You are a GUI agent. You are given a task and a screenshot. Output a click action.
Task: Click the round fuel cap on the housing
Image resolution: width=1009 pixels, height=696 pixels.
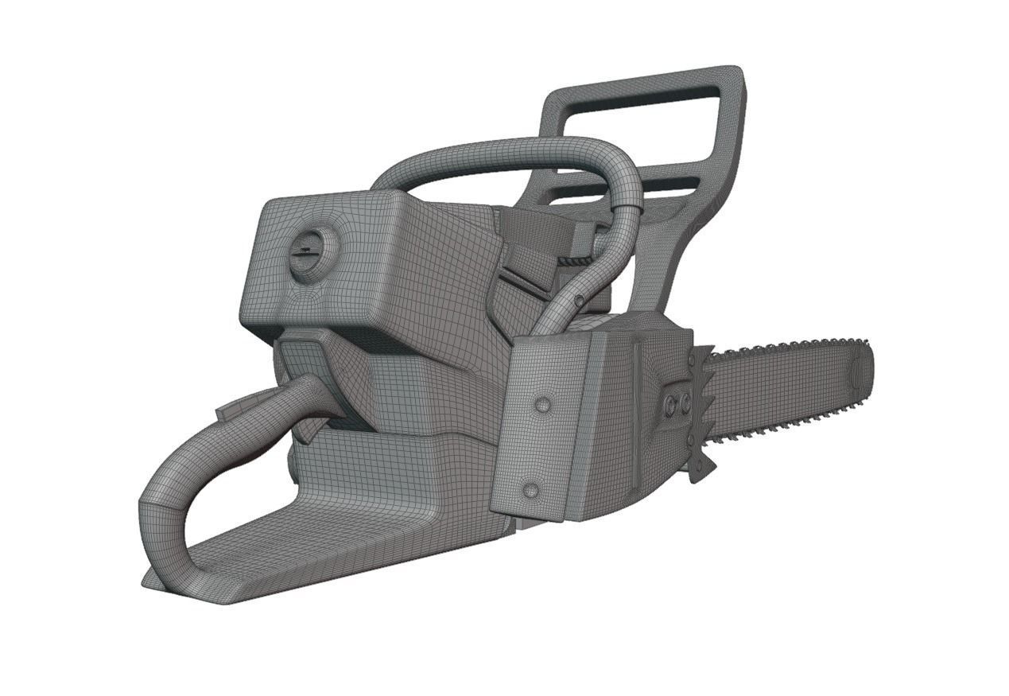(x=311, y=254)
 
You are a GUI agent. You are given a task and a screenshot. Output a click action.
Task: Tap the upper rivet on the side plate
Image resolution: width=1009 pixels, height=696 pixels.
(x=543, y=405)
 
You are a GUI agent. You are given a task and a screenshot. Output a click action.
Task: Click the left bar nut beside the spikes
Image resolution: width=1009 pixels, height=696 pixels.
(x=670, y=407)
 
